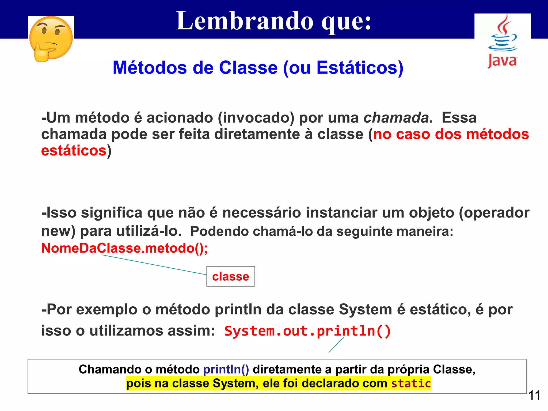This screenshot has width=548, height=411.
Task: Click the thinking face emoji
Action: [x=51, y=39]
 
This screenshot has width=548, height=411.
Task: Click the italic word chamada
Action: [x=396, y=118]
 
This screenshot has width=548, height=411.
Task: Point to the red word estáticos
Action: [x=74, y=151]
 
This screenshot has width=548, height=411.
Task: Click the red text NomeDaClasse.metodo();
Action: [x=124, y=248]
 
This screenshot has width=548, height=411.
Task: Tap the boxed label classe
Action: [x=230, y=276]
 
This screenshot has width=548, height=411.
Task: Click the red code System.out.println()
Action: [x=307, y=331]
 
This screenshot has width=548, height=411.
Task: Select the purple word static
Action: [x=411, y=383]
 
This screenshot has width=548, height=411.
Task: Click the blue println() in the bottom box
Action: [x=226, y=370]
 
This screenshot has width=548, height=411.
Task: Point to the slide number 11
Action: [x=534, y=395]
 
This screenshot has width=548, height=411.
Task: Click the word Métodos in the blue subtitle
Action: [x=150, y=67]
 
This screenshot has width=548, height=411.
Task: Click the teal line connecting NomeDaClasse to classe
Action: [x=154, y=265]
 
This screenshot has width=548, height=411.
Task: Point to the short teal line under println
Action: [x=336, y=345]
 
